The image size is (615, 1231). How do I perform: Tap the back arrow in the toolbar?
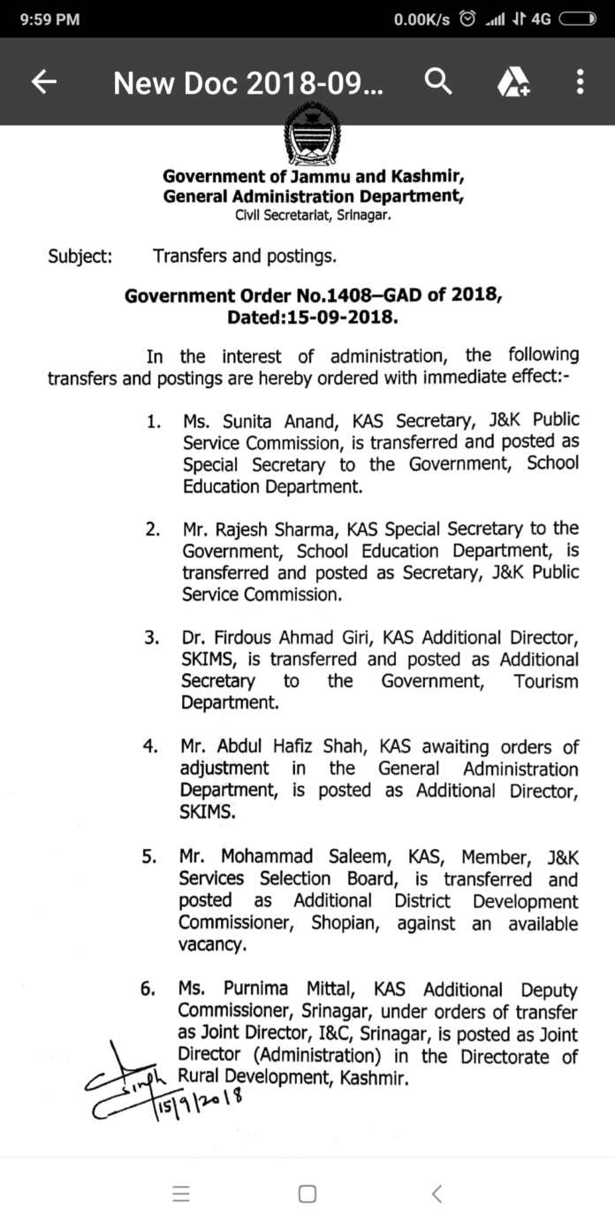pos(44,82)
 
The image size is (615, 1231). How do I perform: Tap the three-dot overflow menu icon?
pos(580,82)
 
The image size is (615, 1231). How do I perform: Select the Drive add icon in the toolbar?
pos(512,83)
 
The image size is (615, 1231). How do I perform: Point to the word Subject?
pos(80,257)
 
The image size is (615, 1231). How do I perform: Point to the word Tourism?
pos(546,682)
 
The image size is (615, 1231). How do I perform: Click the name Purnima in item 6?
pos(258,990)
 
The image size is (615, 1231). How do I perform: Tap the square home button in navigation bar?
pos(307,1194)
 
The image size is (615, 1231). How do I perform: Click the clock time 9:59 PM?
pos(49,19)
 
